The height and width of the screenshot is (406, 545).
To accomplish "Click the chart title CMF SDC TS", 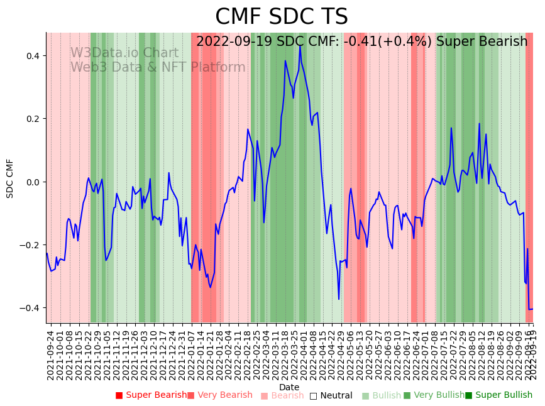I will click(281, 17).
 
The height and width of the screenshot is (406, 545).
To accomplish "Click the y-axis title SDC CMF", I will click(10, 178).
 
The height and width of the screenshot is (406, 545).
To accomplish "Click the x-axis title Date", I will click(289, 387).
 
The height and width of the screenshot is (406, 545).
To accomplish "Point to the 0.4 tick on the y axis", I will click(32, 56).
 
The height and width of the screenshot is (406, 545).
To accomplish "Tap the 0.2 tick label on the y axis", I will click(32, 119).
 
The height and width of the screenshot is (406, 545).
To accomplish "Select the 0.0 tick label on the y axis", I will click(32, 182).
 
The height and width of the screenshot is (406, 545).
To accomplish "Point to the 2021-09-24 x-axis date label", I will click(51, 355).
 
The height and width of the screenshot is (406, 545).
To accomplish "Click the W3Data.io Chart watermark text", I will click(124, 53).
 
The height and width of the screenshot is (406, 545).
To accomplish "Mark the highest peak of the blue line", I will click(300, 45).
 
